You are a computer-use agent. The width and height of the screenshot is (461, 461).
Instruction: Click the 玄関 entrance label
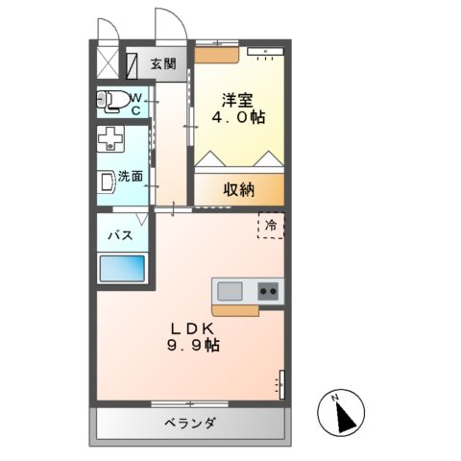[x=163, y=65]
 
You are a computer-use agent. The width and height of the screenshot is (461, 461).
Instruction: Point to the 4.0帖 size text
[x=240, y=117]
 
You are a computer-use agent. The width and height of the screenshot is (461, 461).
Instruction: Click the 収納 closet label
[x=239, y=189]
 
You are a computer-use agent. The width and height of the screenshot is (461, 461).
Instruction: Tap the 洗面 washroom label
[x=131, y=176]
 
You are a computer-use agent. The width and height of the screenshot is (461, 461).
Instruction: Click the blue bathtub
[x=122, y=268]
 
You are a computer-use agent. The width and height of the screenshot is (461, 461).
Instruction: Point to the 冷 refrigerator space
[x=271, y=225]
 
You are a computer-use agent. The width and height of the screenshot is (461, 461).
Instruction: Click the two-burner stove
[x=268, y=291]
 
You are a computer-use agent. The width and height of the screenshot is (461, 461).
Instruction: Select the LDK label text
[x=191, y=327]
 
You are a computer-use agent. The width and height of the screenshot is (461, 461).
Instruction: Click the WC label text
[x=135, y=104]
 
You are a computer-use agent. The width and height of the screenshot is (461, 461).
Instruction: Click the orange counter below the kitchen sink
[x=235, y=309]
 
